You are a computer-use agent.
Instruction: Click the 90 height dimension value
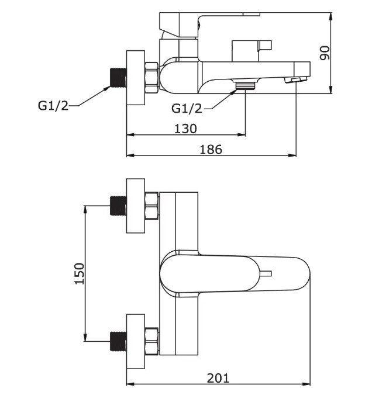[x=325, y=53]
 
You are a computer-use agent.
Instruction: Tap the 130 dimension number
[x=185, y=129]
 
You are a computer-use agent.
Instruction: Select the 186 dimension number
[x=211, y=150]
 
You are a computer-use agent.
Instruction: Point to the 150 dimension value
[x=79, y=273]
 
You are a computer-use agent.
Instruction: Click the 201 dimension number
[x=218, y=378]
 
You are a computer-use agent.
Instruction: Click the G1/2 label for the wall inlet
[x=53, y=106]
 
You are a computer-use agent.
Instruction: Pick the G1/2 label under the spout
[x=187, y=109]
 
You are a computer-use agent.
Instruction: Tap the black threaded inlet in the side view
[x=118, y=78]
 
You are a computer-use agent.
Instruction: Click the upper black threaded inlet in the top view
[x=118, y=206]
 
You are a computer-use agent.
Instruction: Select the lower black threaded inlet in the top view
[x=118, y=342]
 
